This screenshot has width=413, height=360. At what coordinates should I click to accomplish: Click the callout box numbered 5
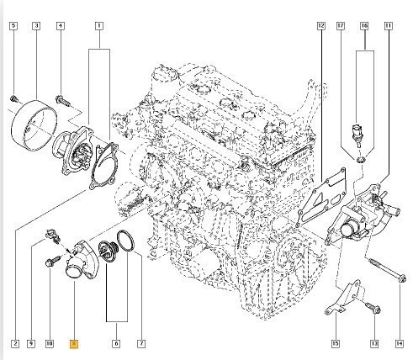(x=13, y=26)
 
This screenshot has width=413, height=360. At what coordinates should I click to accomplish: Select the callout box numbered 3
(x=36, y=26)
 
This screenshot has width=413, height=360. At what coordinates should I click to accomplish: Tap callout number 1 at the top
(x=99, y=26)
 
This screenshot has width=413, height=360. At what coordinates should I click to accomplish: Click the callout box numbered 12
(x=321, y=26)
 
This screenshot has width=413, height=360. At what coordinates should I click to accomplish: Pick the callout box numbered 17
(x=341, y=26)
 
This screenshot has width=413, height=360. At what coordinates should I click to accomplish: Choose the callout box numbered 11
(x=389, y=26)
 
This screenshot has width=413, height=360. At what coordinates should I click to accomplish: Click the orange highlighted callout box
(x=74, y=344)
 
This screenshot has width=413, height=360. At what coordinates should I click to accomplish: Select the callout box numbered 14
(x=400, y=343)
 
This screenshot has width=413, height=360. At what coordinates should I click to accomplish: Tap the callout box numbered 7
(x=141, y=343)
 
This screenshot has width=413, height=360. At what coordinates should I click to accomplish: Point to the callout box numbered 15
(x=336, y=343)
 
